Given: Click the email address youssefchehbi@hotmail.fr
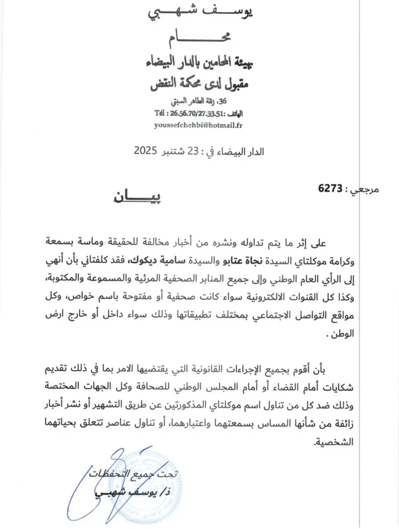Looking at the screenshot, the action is click(198, 125).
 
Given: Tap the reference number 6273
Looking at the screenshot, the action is click(330, 188).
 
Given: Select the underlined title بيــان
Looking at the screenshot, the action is click(137, 196).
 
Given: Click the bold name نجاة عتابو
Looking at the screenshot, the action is click(242, 261).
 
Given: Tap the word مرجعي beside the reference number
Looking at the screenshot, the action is click(365, 189).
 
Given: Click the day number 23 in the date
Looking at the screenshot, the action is click(193, 151).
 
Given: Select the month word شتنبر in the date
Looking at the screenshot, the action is click(173, 151).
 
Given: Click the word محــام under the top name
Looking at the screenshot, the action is click(199, 38).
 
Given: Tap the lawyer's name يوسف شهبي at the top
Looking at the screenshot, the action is click(200, 12).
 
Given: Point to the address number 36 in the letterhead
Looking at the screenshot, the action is click(222, 101).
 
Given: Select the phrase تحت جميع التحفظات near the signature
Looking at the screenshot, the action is click(133, 474).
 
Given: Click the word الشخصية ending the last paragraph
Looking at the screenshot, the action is click(334, 442).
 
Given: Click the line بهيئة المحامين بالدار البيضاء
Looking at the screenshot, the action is click(199, 62).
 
